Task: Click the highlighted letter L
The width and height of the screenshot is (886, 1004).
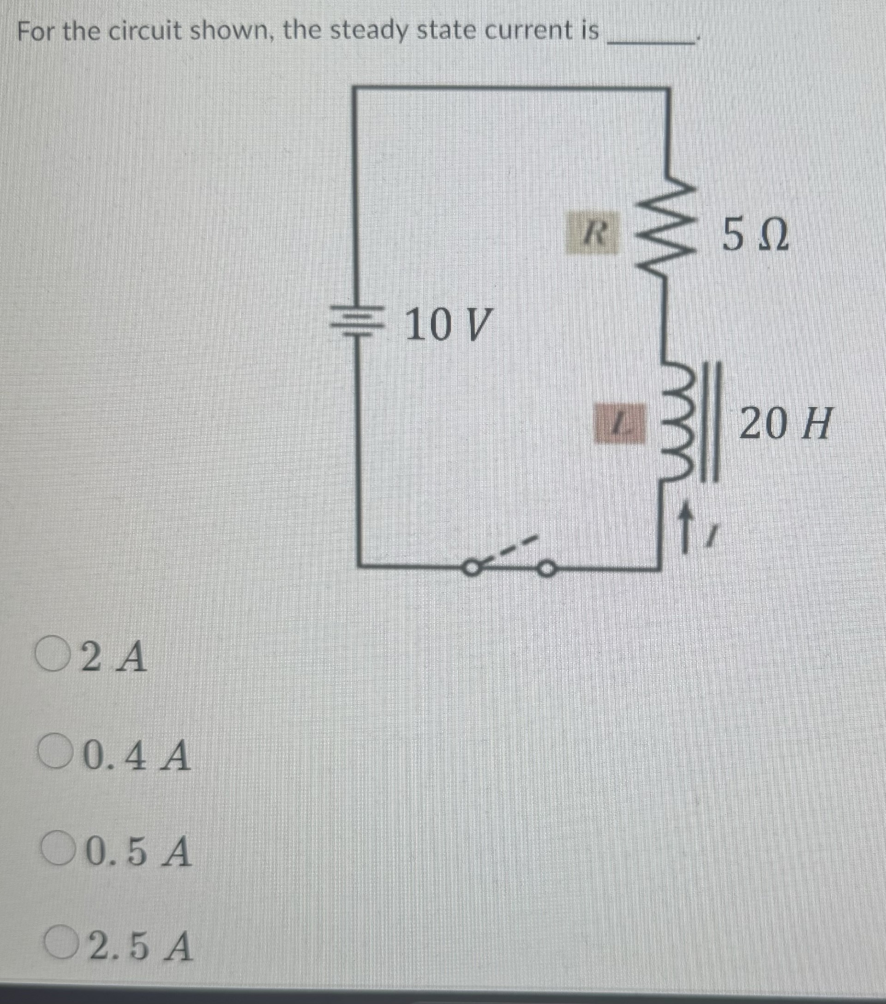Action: [x=620, y=422]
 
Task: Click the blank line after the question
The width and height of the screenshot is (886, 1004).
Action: [x=651, y=42]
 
